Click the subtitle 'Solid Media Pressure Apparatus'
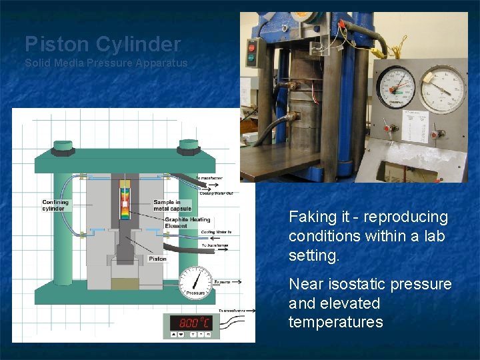tap(106, 63)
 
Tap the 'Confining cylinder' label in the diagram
tap(55, 205)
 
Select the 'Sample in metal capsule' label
tap(172, 205)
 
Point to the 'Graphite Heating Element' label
tap(187, 222)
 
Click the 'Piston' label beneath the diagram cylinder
tap(157, 259)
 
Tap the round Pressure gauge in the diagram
tap(196, 283)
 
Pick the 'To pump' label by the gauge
tap(222, 282)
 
